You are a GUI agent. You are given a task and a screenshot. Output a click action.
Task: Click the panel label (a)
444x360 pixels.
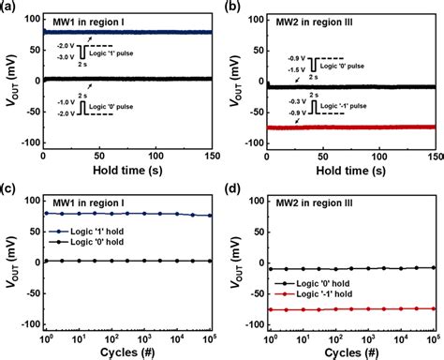coord(8,8)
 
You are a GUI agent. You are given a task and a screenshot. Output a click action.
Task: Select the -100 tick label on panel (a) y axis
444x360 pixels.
coord(28,144)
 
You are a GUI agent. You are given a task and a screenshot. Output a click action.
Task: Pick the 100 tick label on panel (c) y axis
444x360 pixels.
coord(32,200)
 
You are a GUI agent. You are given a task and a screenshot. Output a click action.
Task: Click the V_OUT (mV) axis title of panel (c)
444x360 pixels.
coord(10,262)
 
